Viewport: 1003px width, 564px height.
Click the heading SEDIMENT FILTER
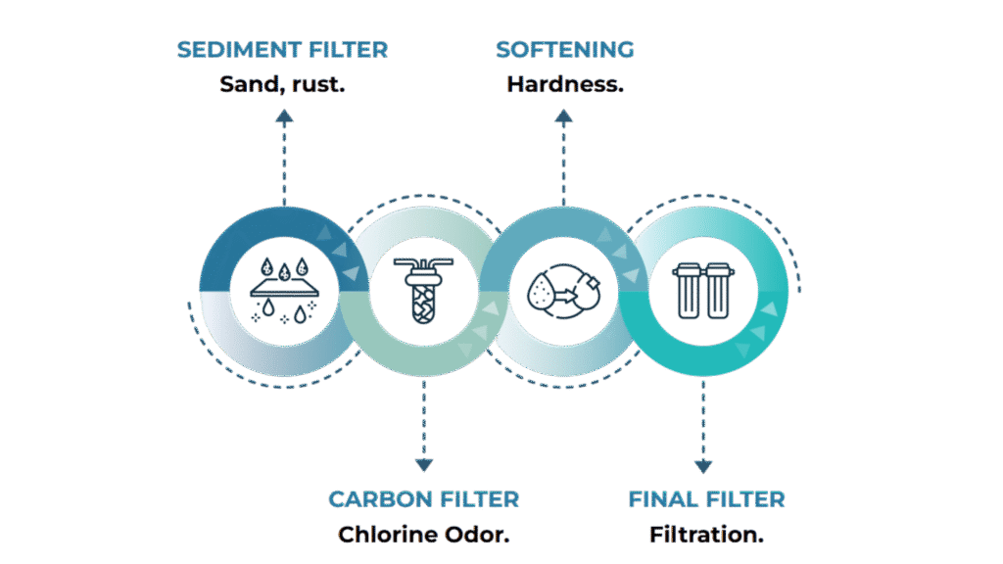[282, 50]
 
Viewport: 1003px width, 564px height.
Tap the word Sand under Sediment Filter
[243, 84]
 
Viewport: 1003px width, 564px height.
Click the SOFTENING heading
[564, 50]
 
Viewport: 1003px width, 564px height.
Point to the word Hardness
[564, 84]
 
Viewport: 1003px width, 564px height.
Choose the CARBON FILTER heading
[423, 499]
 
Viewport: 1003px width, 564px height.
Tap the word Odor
[480, 535]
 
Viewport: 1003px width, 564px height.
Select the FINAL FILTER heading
[706, 499]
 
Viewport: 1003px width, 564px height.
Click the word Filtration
[706, 535]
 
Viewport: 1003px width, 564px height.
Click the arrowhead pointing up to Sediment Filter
[284, 117]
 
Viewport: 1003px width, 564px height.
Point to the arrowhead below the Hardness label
[563, 117]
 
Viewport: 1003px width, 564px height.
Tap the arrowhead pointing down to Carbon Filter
[423, 465]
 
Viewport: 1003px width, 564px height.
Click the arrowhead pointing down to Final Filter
[703, 466]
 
